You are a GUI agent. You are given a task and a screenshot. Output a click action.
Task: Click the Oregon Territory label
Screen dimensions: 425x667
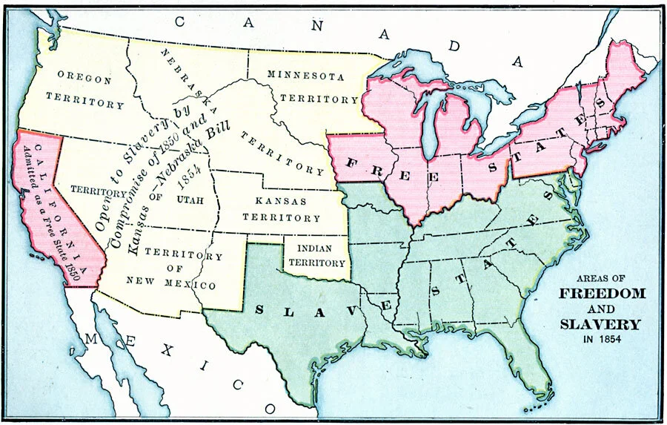tap(84, 88)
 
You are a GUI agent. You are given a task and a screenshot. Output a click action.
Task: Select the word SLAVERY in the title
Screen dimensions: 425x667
tap(600, 324)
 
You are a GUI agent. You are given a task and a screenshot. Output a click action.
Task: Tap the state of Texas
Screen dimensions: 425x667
tap(296, 326)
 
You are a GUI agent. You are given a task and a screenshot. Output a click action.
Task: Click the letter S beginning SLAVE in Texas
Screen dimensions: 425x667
tap(259, 309)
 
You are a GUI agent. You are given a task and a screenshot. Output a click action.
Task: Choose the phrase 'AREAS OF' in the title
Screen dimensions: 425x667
tap(600, 276)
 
